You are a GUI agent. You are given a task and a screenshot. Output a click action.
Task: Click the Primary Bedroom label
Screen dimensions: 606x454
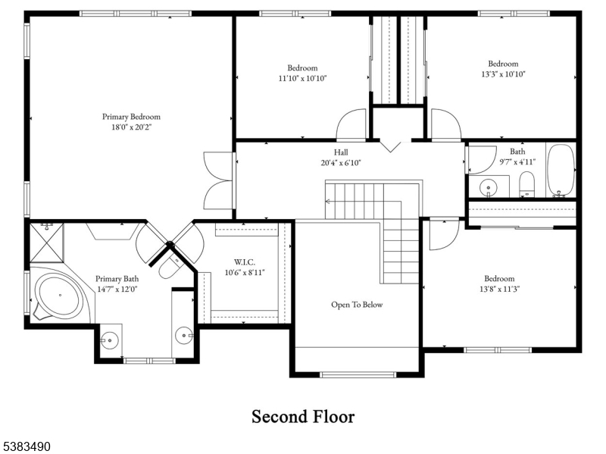(x=131, y=117)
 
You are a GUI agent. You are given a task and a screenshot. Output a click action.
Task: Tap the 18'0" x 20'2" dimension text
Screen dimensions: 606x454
(x=131, y=127)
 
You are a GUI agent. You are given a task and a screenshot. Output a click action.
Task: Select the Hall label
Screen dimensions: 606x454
(x=341, y=152)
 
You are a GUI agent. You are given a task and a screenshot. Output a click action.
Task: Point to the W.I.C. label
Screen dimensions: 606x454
(x=244, y=262)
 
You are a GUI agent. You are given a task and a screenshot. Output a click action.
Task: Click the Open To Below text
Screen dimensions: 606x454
(x=357, y=305)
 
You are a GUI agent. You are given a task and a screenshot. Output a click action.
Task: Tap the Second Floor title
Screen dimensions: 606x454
(x=303, y=417)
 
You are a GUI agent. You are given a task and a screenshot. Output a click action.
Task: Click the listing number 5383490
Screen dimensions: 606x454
(x=26, y=446)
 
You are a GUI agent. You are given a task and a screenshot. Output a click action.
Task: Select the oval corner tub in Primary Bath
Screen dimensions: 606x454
(x=59, y=296)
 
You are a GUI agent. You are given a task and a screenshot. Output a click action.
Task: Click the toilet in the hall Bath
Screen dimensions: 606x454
(x=526, y=184)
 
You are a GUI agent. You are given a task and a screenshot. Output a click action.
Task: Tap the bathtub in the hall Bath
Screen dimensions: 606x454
(x=561, y=171)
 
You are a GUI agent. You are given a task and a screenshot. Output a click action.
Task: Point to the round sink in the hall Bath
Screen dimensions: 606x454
(x=489, y=188)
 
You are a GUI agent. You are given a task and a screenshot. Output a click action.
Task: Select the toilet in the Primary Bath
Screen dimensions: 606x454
(x=169, y=265)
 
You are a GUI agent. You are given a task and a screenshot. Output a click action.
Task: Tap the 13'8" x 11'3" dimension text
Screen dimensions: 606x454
(x=500, y=289)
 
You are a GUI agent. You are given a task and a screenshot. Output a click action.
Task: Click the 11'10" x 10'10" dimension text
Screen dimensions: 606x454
(x=302, y=79)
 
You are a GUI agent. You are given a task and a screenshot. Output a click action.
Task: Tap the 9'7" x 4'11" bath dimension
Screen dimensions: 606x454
(x=517, y=161)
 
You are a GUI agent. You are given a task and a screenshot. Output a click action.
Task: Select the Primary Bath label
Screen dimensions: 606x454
(x=117, y=279)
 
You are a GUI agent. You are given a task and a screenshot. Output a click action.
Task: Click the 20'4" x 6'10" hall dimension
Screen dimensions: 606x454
(x=341, y=163)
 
